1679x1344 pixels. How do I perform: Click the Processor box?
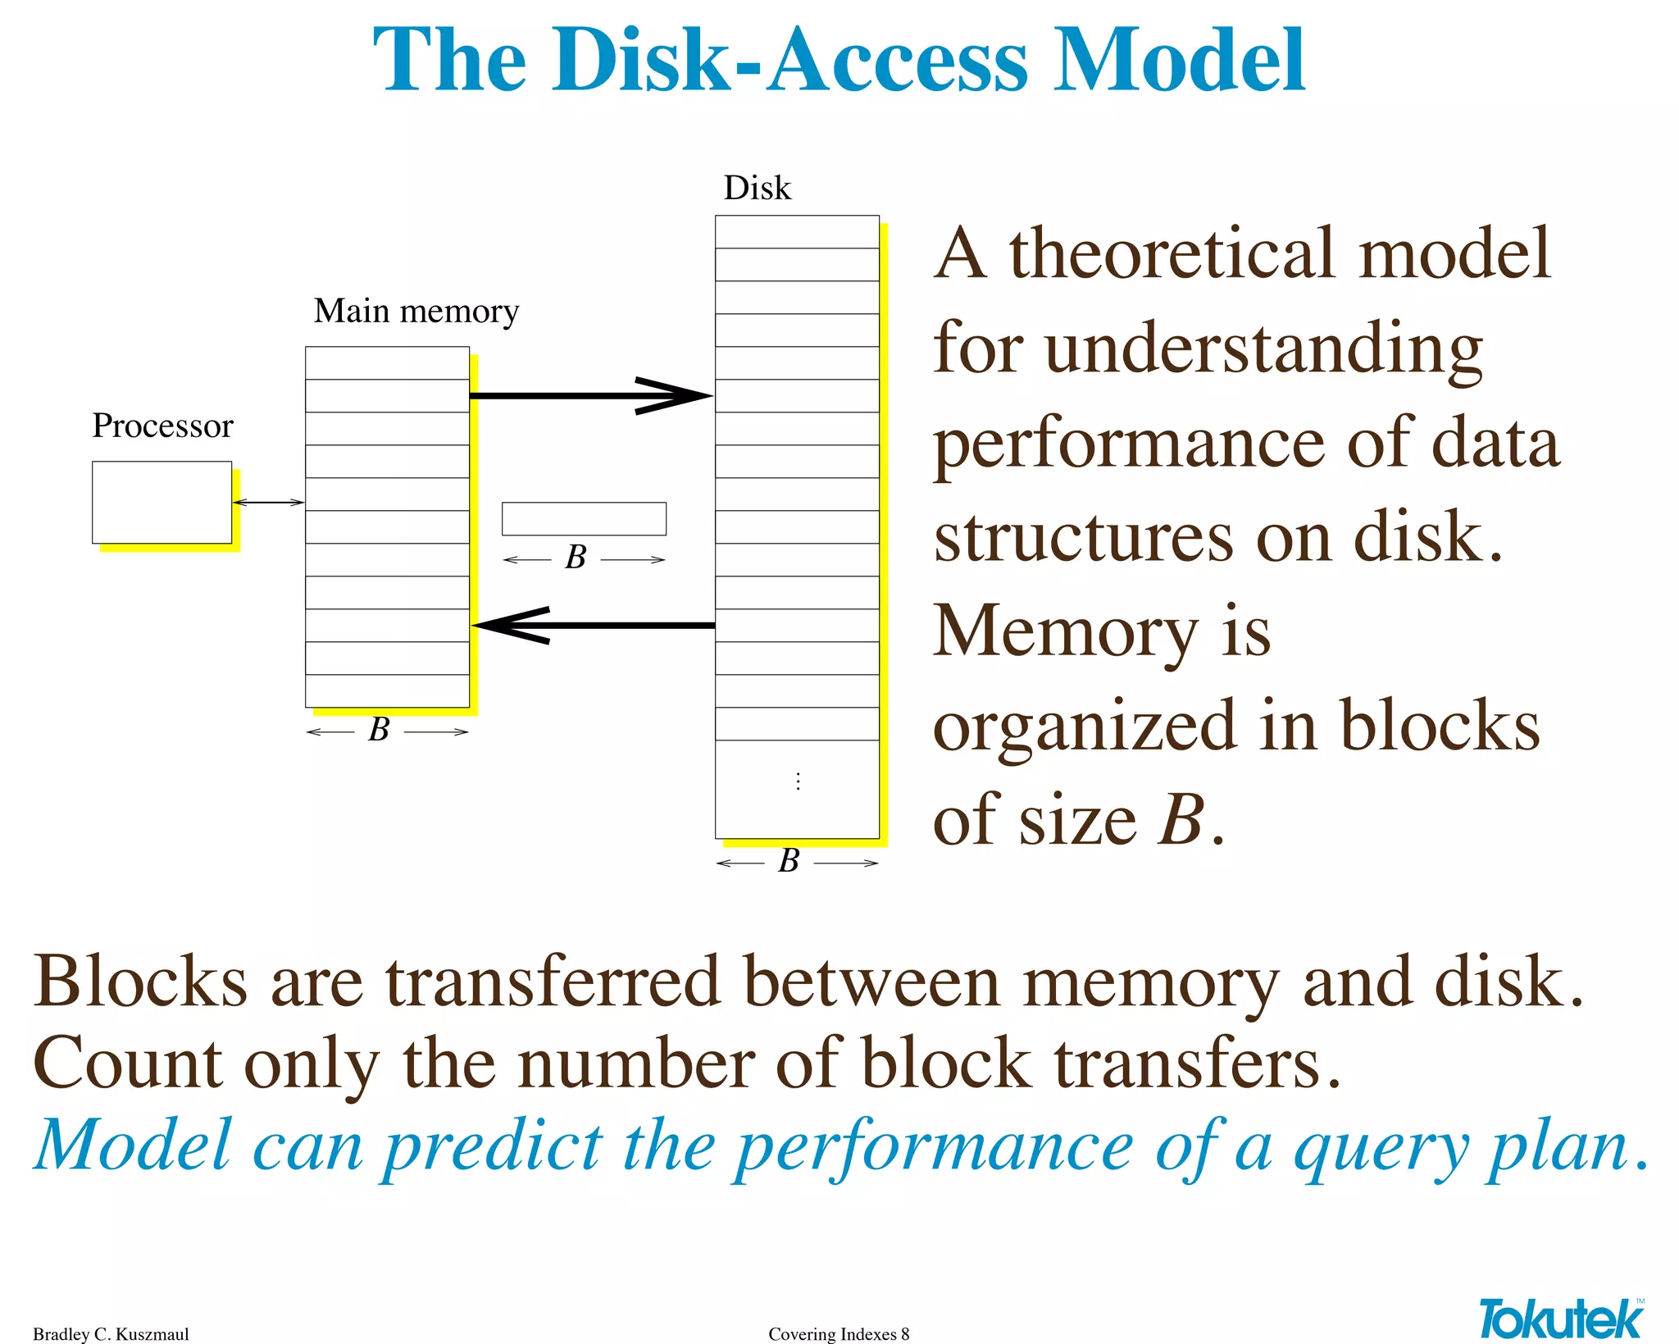tap(162, 502)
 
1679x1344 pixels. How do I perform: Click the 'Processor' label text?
tap(162, 426)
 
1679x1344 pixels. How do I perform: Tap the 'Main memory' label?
tap(416, 311)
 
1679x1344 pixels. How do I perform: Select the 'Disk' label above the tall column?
tap(757, 188)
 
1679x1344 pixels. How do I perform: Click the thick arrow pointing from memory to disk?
tap(590, 396)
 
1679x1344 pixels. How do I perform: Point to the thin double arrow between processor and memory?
tap(268, 502)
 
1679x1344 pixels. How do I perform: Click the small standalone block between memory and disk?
tap(584, 518)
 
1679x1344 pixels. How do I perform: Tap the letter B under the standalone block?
tap(576, 558)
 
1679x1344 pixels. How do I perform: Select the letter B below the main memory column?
tap(379, 730)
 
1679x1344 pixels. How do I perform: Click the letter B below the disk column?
tap(789, 861)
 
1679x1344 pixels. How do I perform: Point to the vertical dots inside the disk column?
tap(798, 781)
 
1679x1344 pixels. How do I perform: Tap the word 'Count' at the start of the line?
tap(127, 1064)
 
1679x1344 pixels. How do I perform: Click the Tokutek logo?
tap(1560, 1319)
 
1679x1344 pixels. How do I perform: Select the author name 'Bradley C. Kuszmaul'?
tap(111, 1334)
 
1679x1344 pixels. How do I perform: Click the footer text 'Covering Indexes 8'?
tap(839, 1334)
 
